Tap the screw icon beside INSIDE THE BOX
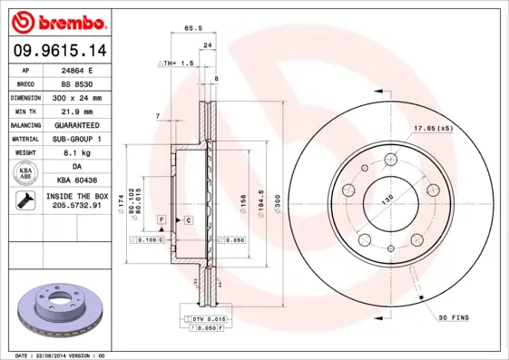(x=24, y=201)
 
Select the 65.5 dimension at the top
(x=193, y=28)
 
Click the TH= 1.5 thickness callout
(x=178, y=63)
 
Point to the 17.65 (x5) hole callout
(x=433, y=129)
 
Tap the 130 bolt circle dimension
(x=387, y=200)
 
